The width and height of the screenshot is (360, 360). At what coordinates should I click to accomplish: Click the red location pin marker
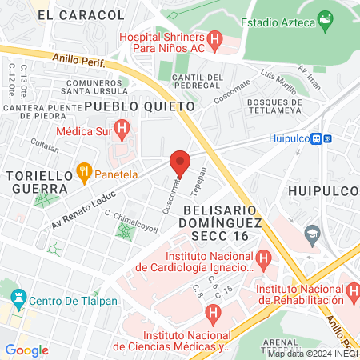pyautogui.click(x=180, y=162)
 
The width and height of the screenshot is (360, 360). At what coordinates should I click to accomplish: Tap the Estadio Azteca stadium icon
pyautogui.click(x=325, y=18)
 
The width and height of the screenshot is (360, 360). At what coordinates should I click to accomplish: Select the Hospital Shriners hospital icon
pyautogui.click(x=214, y=38)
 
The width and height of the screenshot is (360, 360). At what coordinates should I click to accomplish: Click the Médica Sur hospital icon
pyautogui.click(x=122, y=126)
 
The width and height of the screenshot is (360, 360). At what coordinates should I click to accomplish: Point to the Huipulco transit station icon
pyautogui.click(x=321, y=138)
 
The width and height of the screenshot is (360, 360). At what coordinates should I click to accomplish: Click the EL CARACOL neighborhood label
pyautogui.click(x=81, y=15)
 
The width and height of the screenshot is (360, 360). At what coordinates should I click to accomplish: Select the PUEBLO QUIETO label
pyautogui.click(x=139, y=106)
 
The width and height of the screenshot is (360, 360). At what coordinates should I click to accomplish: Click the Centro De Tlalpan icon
pyautogui.click(x=18, y=301)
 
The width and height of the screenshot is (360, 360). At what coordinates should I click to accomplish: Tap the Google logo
pyautogui.click(x=27, y=350)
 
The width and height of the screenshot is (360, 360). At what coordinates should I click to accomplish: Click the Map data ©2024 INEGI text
pyautogui.click(x=313, y=353)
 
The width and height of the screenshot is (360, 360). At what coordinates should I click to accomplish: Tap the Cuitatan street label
pyautogui.click(x=45, y=148)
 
